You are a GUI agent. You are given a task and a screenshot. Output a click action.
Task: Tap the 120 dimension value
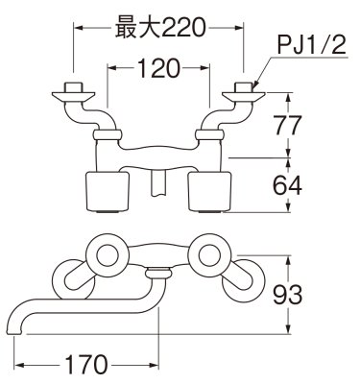157,69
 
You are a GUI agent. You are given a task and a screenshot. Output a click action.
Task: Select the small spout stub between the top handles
159,180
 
